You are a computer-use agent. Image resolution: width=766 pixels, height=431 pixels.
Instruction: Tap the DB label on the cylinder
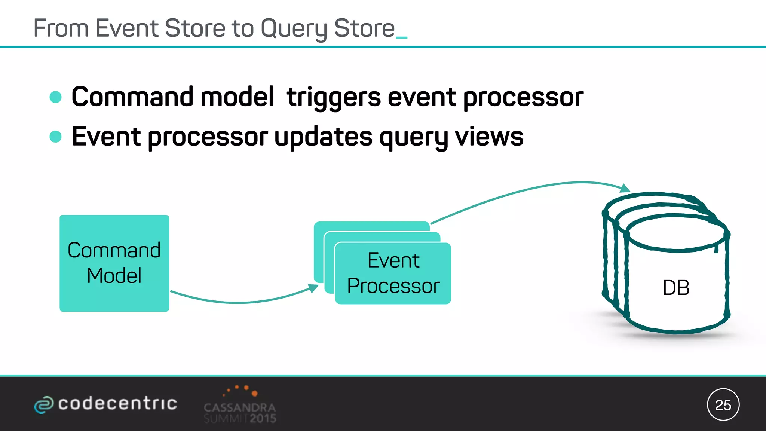pos(676,288)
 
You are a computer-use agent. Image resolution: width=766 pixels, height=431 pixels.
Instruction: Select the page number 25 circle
pos(723,405)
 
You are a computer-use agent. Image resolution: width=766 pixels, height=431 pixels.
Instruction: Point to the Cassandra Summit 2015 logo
pos(240,406)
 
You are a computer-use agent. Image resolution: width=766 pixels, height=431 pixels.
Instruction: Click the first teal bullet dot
pos(55,97)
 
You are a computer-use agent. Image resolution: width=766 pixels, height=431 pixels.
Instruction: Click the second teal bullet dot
pos(55,137)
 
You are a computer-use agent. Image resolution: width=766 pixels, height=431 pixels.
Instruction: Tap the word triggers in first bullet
pos(333,97)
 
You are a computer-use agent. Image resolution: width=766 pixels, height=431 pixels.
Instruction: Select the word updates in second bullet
pos(323,137)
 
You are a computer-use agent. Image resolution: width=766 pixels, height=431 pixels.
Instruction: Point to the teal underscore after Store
pos(401,37)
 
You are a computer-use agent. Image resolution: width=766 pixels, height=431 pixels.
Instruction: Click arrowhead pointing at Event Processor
pos(313,288)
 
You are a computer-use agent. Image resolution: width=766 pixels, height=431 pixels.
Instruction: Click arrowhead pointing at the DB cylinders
pos(625,188)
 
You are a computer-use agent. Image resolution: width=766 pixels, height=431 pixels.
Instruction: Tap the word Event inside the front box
pos(393,260)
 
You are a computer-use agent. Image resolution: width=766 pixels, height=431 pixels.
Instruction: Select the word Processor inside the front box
pos(393,286)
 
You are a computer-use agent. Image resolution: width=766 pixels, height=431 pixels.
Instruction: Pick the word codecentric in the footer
pos(117,403)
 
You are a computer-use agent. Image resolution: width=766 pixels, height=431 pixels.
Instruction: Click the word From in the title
pos(61,28)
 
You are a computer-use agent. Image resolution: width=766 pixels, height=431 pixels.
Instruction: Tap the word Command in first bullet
pos(132,97)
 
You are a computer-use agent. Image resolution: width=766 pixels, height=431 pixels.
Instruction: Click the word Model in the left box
pos(114,276)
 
